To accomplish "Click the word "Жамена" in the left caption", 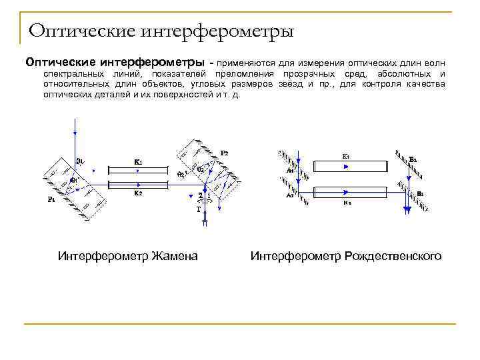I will [175, 255].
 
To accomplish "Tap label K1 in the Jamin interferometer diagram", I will [138, 161].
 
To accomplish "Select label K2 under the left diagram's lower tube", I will [138, 193].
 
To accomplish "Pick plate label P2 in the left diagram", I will [225, 153].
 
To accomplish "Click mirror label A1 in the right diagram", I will [290, 171].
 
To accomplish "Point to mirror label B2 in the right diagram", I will [413, 159].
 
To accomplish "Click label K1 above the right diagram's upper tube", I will [346, 156].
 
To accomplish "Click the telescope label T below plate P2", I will [198, 209].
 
